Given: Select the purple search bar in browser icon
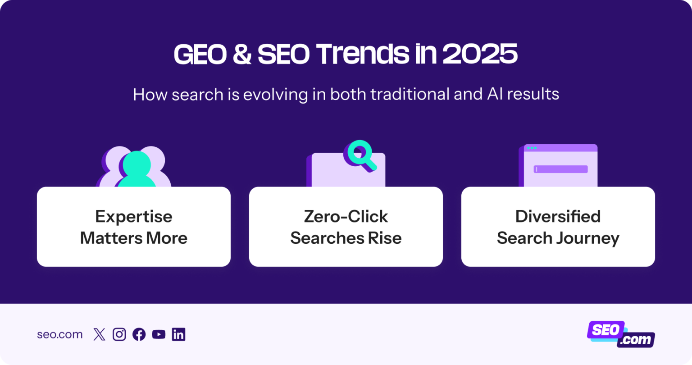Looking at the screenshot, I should click(x=560, y=169).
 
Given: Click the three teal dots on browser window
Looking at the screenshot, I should click(x=532, y=148).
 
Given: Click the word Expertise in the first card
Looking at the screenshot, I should click(x=133, y=217).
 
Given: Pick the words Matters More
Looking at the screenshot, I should click(x=133, y=238).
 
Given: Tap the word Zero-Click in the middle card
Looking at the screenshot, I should click(x=346, y=217).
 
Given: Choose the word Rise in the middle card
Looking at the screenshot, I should click(x=386, y=238).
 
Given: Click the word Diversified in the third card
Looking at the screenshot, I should click(x=558, y=217).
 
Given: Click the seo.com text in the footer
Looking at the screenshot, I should click(x=59, y=334).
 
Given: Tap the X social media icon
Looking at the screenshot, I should click(x=99, y=334).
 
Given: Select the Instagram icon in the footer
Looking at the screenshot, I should click(x=119, y=334).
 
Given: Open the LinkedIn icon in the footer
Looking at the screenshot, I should click(x=178, y=334).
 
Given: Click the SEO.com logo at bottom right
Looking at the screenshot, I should click(x=621, y=334).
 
